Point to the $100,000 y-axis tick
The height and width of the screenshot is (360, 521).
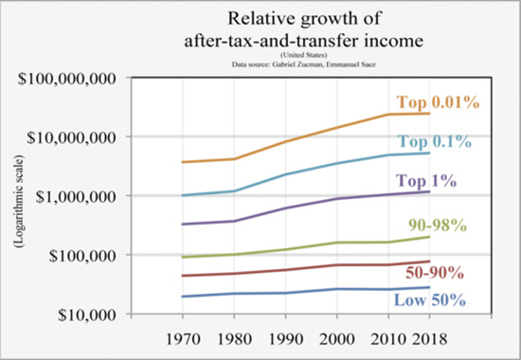(79, 255)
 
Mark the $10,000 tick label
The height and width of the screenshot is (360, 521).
(83, 314)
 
